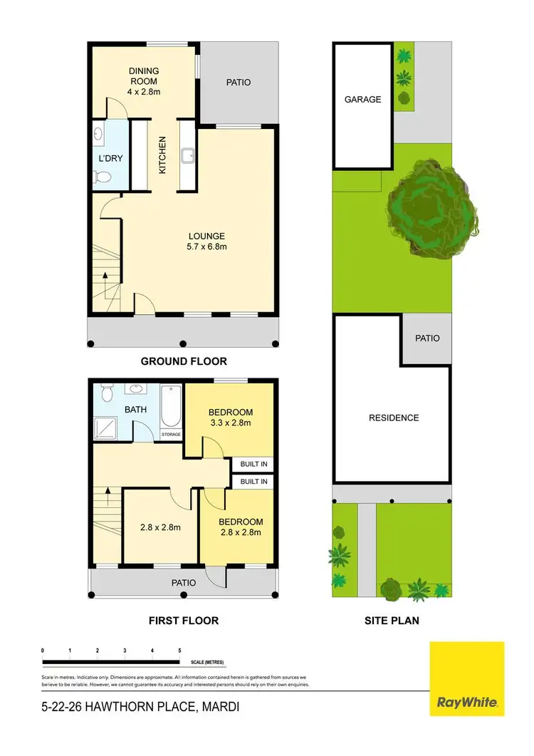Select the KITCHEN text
[x=162, y=157]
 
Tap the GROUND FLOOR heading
[x=183, y=361]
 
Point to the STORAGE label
[x=172, y=434]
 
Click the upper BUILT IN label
[x=253, y=464]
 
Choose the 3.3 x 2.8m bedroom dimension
[x=231, y=423]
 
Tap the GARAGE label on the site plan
[x=362, y=100]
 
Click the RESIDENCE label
[x=393, y=418]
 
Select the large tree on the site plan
[x=431, y=207]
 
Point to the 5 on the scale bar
[x=179, y=651]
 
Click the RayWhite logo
[x=467, y=678]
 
